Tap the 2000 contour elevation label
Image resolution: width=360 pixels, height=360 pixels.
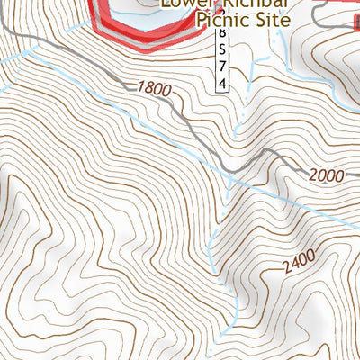click(x=327, y=175)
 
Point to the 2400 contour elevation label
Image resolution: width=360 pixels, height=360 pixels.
click(x=299, y=261)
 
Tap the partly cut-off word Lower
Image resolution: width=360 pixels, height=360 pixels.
click(x=184, y=3)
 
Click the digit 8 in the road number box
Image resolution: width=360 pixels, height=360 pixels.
click(x=221, y=34)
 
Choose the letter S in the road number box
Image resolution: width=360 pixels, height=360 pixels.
click(x=221, y=51)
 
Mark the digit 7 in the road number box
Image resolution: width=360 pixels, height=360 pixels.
click(x=221, y=68)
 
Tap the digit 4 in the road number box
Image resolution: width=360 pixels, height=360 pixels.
click(x=221, y=85)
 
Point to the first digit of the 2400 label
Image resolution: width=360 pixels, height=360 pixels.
click(x=284, y=269)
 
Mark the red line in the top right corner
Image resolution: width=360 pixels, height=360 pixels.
click(x=337, y=4)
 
